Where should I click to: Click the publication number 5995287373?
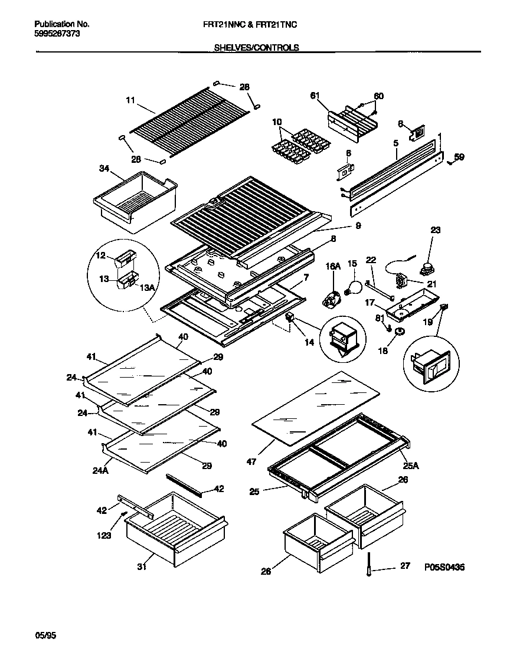tap(57, 34)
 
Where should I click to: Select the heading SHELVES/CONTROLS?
tap(256, 48)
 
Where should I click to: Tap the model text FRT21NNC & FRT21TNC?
tap(256, 24)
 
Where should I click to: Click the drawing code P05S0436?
tap(444, 567)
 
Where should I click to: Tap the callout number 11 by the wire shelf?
tap(130, 100)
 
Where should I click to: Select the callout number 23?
tap(435, 231)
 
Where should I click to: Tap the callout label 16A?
tap(333, 267)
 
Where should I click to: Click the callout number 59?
tap(459, 157)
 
